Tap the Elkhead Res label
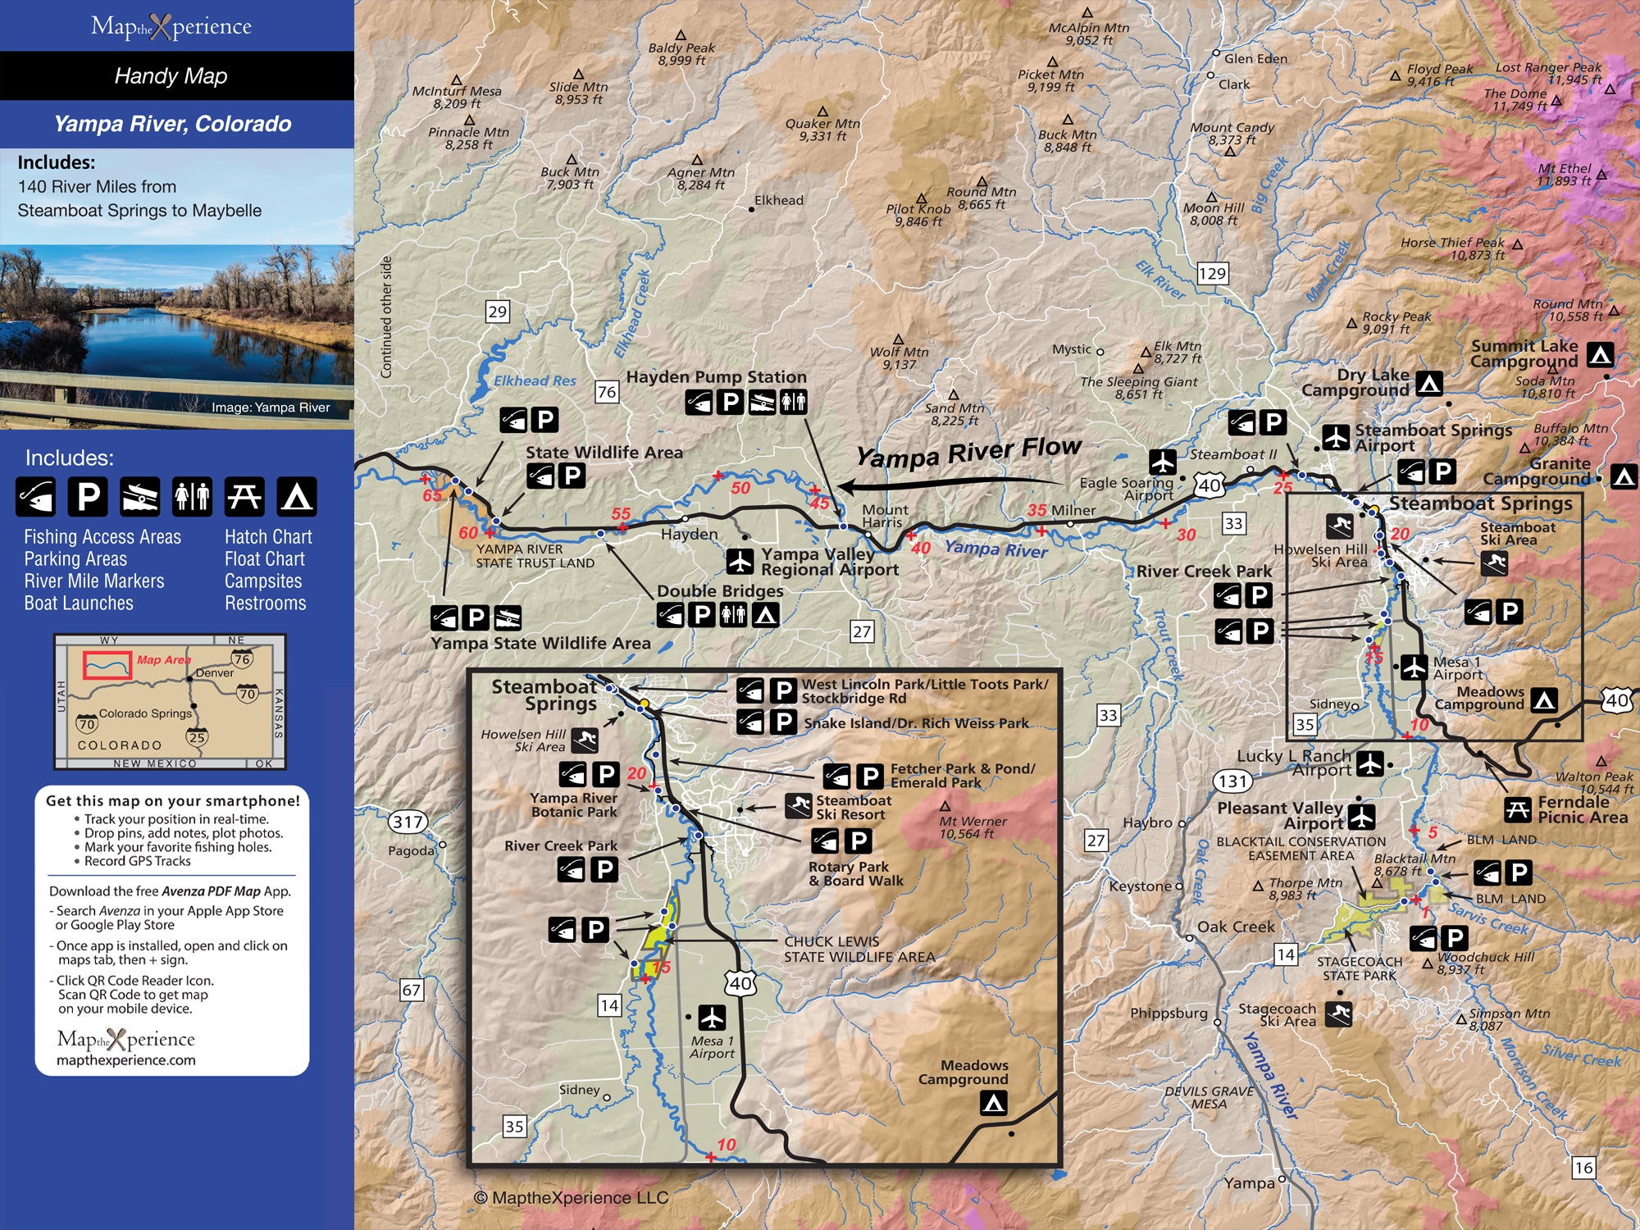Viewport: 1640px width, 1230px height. click(x=535, y=380)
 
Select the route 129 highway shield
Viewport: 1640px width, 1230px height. click(x=1212, y=273)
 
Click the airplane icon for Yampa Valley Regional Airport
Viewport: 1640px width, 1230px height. click(x=740, y=562)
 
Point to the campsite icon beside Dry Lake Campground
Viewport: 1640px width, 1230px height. click(x=1429, y=383)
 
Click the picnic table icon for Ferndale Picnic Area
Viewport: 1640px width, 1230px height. click(x=1518, y=810)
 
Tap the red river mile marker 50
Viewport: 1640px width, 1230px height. click(x=740, y=488)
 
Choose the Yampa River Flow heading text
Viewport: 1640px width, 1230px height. click(x=968, y=452)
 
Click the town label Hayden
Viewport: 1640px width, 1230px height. click(x=689, y=534)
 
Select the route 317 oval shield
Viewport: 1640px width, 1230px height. click(x=408, y=822)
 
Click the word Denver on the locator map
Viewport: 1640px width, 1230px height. click(x=215, y=672)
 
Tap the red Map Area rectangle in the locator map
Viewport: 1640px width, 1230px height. click(x=107, y=665)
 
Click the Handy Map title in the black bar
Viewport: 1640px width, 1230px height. click(x=171, y=76)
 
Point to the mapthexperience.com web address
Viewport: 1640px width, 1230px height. click(x=126, y=1060)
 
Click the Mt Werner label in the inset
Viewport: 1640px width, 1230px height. click(x=973, y=827)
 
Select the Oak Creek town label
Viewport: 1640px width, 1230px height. click(x=1236, y=927)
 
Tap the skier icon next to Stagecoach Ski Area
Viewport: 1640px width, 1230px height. click(x=1339, y=1014)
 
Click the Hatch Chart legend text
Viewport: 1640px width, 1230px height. click(x=268, y=537)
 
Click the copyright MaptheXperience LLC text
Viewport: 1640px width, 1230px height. click(x=572, y=1198)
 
